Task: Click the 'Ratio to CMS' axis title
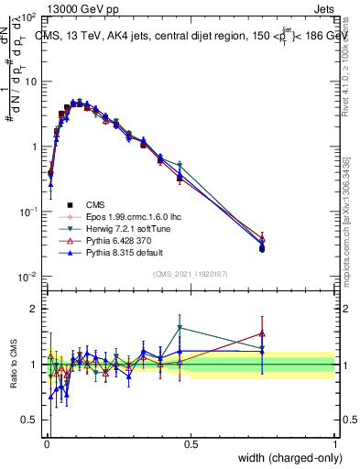tap(14, 365)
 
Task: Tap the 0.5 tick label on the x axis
tap(191, 443)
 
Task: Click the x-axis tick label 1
tap(334, 443)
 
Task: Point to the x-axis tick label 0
tap(46, 443)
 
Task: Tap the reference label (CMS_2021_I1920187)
tap(191, 273)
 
